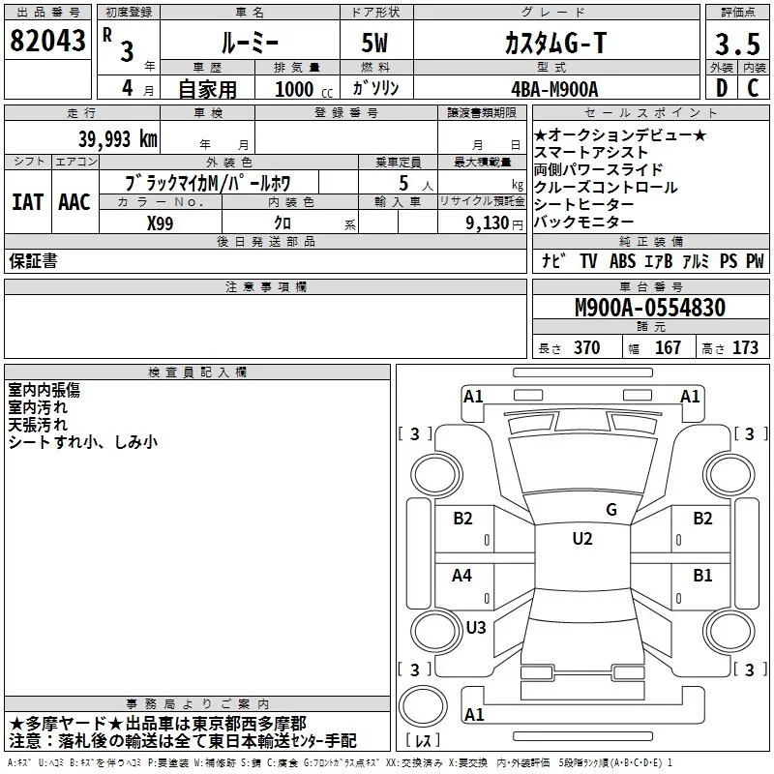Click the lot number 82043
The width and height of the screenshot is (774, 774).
pyautogui.click(x=47, y=41)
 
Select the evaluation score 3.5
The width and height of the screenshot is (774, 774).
pyautogui.click(x=737, y=44)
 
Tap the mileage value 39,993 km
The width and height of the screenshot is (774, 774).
pyautogui.click(x=118, y=139)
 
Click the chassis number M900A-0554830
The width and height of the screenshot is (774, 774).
pyautogui.click(x=650, y=308)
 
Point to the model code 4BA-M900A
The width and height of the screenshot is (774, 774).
pyautogui.click(x=554, y=89)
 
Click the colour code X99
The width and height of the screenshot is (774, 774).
pyautogui.click(x=160, y=223)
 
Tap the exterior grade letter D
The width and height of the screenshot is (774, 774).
pyautogui.click(x=722, y=88)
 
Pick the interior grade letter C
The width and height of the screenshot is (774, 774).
pyautogui.click(x=753, y=88)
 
